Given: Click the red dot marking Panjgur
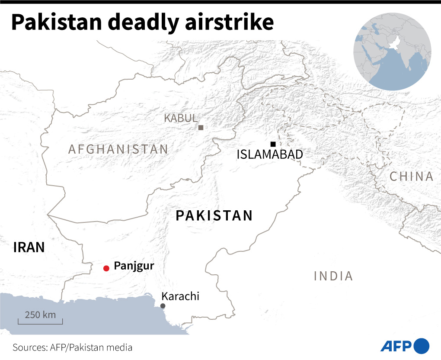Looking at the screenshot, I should click(106, 268).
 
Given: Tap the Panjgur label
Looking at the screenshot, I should click(134, 266).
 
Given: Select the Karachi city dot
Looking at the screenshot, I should click(163, 306).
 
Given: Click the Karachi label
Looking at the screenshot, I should click(180, 296).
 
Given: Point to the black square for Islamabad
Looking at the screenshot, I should click(272, 144).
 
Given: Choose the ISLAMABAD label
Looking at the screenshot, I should click(270, 154).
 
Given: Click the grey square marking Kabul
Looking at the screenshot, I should click(201, 127).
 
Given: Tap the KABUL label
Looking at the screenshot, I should click(181, 118).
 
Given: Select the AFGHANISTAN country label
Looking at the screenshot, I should click(118, 149).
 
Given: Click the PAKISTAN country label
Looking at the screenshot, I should click(214, 215).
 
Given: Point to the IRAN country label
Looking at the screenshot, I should click(29, 247).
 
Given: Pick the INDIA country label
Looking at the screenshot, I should click(333, 276).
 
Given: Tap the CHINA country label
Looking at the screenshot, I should click(411, 176).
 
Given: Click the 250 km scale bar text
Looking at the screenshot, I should click(40, 315).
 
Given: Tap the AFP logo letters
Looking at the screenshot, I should click(396, 346).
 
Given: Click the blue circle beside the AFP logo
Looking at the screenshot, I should click(422, 346).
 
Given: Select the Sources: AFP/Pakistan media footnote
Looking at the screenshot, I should click(72, 347).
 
